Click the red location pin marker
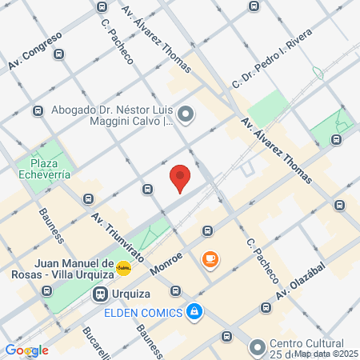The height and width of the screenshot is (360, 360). coord(180,177)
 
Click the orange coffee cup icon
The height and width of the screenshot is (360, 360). coord(210,258)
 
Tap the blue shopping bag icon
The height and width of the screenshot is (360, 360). coord(194,310)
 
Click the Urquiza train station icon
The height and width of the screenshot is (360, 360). coord(100,294)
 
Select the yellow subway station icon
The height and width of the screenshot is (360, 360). coord(123,268)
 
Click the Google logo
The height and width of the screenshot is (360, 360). coord(26,350)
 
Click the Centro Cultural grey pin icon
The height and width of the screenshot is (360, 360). coord(256,347)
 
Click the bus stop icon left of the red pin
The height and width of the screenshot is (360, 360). coord(148,189)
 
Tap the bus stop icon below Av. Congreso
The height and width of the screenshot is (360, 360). coord(38,111)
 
